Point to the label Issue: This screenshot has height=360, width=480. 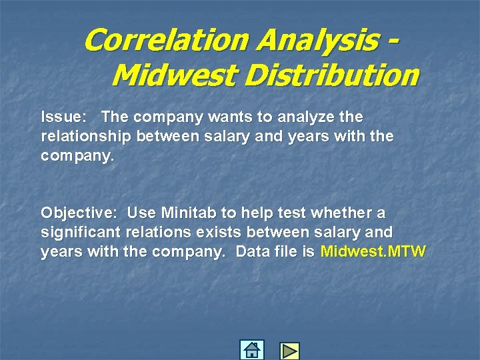[x=63, y=117]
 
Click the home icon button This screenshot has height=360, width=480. [x=251, y=349]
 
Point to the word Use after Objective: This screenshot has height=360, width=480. [x=139, y=213]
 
